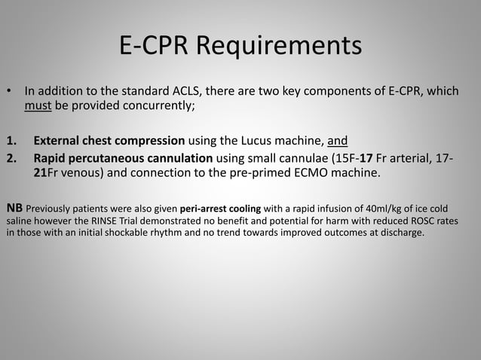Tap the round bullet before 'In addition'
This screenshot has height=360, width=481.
(x=10, y=92)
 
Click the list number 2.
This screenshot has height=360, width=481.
(x=11, y=157)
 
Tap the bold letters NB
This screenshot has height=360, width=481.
(x=14, y=206)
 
